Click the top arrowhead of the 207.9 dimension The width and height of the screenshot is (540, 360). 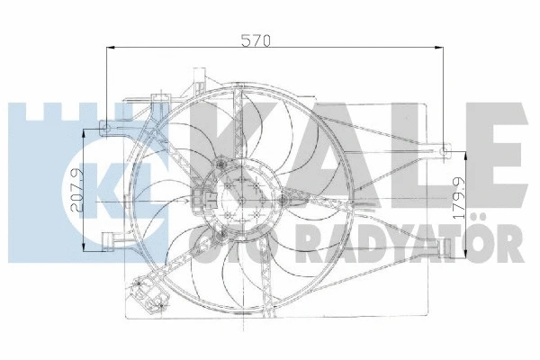coord(87,130)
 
